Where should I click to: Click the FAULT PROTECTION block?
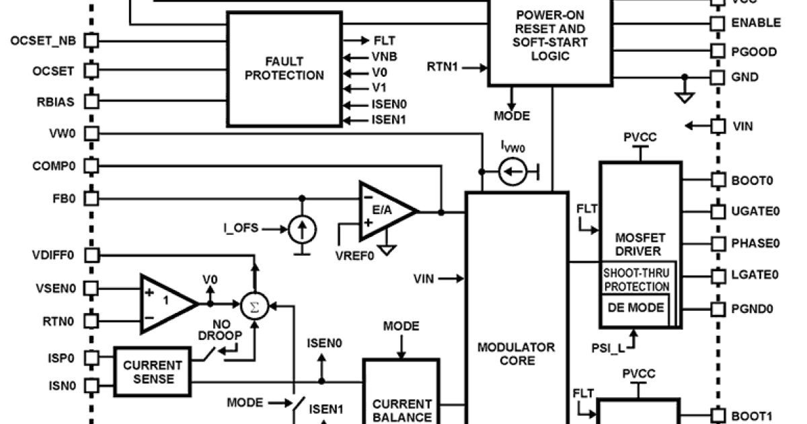pyautogui.click(x=283, y=69)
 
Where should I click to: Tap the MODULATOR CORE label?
pyautogui.click(x=516, y=354)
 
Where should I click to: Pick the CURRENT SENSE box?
pyautogui.click(x=152, y=372)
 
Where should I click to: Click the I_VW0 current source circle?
pyautogui.click(x=512, y=174)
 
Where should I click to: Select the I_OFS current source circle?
pyautogui.click(x=303, y=230)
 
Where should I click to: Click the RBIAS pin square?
pyautogui.click(x=91, y=102)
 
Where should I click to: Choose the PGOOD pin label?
pyautogui.click(x=753, y=52)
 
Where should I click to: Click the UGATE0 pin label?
pyautogui.click(x=755, y=211)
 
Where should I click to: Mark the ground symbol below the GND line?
pyautogui.click(x=685, y=98)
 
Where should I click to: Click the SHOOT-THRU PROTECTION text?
pyautogui.click(x=636, y=279)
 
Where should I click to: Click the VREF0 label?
pyautogui.click(x=354, y=256)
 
